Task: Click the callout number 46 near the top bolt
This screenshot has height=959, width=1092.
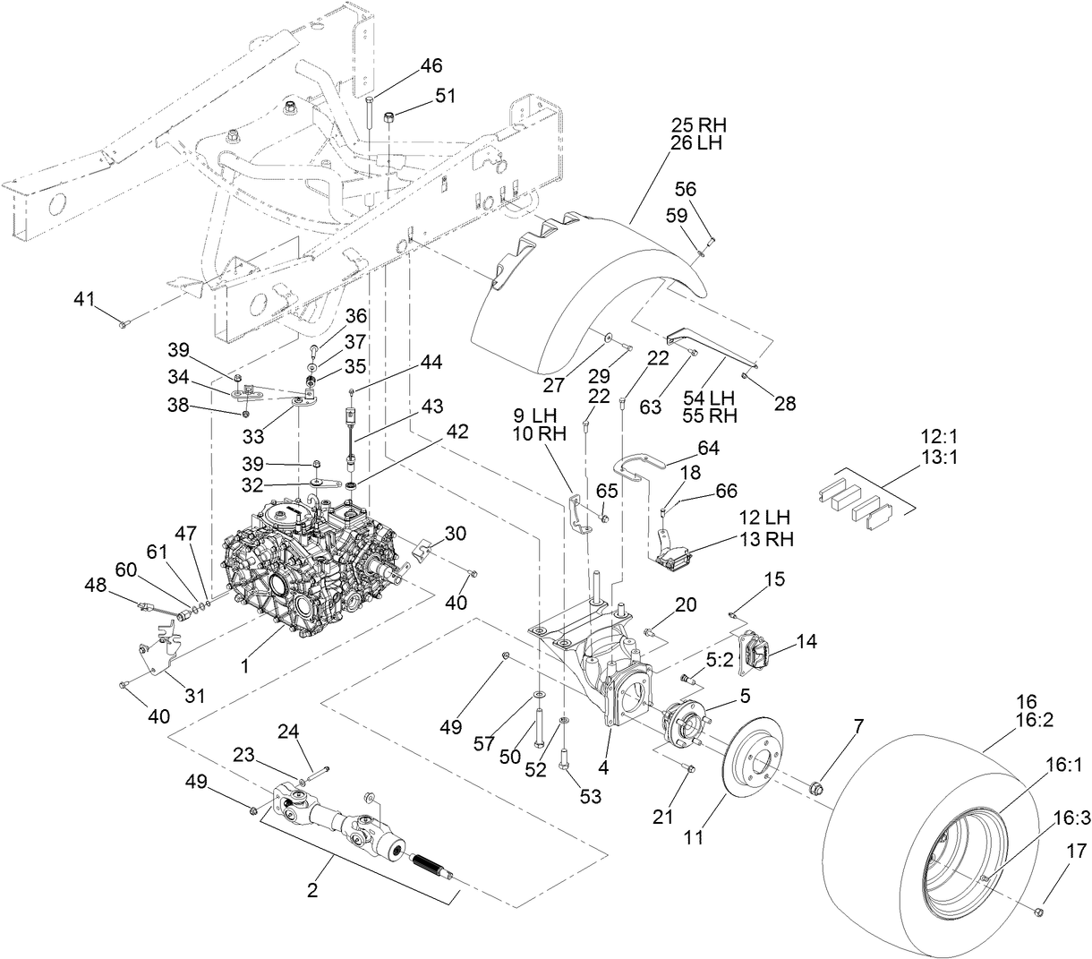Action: click(431, 65)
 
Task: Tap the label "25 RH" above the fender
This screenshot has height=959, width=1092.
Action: click(697, 124)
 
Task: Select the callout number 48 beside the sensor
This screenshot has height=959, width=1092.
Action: click(95, 584)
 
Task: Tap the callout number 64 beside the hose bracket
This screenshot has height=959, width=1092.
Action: click(708, 447)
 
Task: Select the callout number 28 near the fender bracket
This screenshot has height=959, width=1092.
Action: click(784, 403)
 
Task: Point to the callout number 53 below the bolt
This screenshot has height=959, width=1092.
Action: click(591, 795)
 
